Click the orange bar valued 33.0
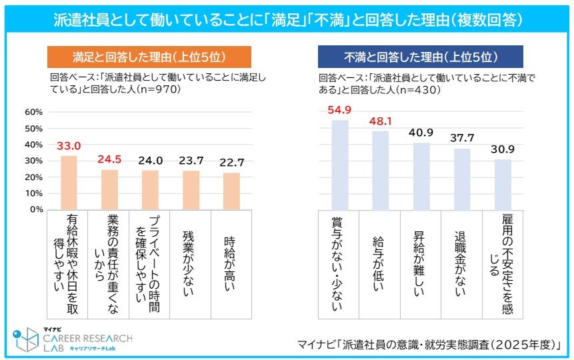pos(69,182)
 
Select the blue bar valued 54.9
pos(339,165)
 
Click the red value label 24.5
pos(110,160)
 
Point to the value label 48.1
pos(381,121)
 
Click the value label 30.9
pos(503,150)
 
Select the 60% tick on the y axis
pos(34,112)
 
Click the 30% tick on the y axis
pos(34,161)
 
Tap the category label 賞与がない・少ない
pos(339,263)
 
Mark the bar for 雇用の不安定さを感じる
pos(503,184)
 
